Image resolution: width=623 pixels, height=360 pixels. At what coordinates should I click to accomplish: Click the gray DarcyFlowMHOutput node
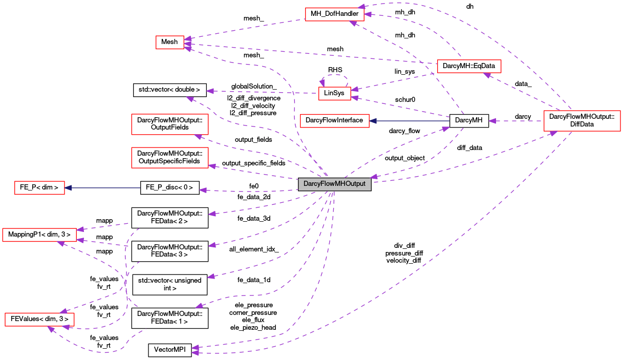coord(334,184)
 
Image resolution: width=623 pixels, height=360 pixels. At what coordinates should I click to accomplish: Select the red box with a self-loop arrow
coord(334,94)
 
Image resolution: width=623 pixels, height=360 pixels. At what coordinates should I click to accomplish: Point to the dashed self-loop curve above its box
coord(334,75)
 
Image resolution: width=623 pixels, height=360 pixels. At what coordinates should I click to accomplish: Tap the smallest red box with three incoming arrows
coord(169,43)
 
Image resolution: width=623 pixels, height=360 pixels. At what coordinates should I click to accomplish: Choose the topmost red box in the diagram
coord(334,14)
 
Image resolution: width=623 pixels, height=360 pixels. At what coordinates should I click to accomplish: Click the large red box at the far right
coord(582,121)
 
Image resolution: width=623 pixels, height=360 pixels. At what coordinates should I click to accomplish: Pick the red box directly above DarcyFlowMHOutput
coord(334,121)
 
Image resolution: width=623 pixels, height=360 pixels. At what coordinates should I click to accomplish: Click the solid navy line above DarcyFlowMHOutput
coord(410,121)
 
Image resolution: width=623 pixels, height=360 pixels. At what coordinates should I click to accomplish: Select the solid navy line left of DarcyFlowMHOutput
coord(102,188)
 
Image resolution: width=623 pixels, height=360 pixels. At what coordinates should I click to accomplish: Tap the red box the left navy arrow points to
coord(39,188)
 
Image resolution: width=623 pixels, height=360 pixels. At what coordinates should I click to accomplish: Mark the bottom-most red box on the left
coord(39,320)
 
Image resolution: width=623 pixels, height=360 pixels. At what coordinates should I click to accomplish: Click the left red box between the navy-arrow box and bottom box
coord(39,235)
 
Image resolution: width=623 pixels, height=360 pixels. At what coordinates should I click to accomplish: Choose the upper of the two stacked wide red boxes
coord(169,124)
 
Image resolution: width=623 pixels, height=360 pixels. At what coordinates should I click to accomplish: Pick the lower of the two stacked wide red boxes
coord(169,158)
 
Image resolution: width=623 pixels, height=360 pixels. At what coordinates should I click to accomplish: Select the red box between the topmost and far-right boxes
coord(469,66)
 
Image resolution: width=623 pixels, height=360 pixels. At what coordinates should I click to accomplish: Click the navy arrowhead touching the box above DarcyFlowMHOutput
coord(373,121)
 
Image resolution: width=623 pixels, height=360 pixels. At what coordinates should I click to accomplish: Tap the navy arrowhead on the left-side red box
coord(68,188)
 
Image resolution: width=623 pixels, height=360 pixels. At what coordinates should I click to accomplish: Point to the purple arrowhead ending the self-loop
coord(322,83)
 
